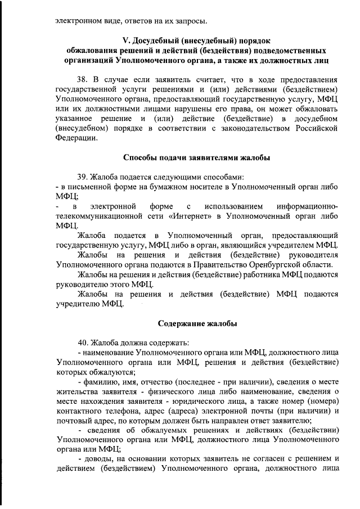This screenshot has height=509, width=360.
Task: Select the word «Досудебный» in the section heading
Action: pos(159,40)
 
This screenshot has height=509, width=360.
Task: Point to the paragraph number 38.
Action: pos(83,80)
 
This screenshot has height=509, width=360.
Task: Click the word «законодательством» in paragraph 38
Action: pos(255,128)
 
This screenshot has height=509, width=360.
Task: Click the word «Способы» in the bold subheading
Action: pos(141,157)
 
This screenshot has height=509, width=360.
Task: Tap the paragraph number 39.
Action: pos(83,177)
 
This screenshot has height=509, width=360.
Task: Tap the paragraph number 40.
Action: pos(83,343)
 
